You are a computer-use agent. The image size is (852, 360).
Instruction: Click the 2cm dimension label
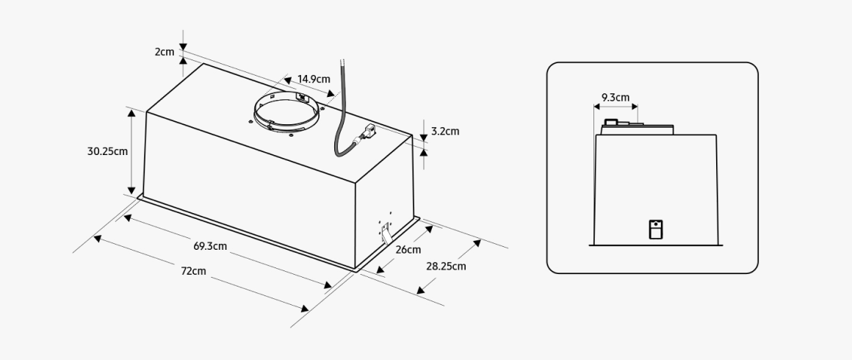click(164, 52)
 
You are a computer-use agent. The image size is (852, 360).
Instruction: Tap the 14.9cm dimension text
click(314, 79)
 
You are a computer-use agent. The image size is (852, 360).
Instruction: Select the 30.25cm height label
click(107, 151)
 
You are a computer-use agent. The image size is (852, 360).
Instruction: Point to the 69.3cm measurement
click(210, 246)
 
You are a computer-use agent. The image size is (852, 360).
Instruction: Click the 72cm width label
click(193, 271)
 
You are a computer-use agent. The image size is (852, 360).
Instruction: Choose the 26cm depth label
click(408, 250)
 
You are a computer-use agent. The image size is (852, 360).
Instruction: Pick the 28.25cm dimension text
click(446, 266)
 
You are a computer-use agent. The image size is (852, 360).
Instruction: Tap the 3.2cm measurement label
click(445, 131)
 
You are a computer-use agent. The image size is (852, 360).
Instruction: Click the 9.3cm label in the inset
click(615, 98)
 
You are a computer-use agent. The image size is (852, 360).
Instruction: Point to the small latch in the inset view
click(656, 229)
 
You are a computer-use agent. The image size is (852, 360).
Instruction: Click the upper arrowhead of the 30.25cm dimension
click(131, 113)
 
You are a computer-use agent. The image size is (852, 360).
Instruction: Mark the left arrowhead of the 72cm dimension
click(98, 239)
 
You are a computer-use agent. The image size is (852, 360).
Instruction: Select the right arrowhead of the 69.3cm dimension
click(328, 285)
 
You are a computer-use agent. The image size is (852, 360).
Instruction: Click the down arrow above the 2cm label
click(183, 47)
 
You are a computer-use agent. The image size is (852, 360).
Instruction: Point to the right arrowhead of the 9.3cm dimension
click(634, 107)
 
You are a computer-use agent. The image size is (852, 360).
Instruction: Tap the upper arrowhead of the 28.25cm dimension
click(477, 243)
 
